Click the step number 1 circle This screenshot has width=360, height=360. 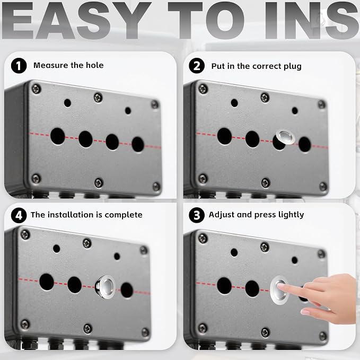click(x=19, y=66)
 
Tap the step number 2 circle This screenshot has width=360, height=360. click(x=197, y=66)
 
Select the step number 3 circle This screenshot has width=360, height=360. click(x=197, y=215)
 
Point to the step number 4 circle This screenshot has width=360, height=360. click(x=19, y=215)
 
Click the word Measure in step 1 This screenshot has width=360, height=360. click(x=51, y=65)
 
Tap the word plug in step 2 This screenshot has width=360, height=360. click(x=293, y=67)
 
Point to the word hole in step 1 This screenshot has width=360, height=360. click(x=94, y=65)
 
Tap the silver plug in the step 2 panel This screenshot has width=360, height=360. click(x=285, y=137)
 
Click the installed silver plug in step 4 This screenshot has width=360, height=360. click(x=106, y=286)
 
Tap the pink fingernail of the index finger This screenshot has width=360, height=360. click(x=281, y=286)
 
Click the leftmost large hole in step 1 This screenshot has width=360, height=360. click(x=57, y=136)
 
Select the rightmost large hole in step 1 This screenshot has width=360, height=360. click(x=138, y=144)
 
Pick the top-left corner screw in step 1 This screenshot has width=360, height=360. click(x=36, y=89)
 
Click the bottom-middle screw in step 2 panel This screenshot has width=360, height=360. click(x=266, y=183)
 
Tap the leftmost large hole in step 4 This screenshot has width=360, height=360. click(x=47, y=282)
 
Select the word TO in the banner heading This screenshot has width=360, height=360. click(x=206, y=20)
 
